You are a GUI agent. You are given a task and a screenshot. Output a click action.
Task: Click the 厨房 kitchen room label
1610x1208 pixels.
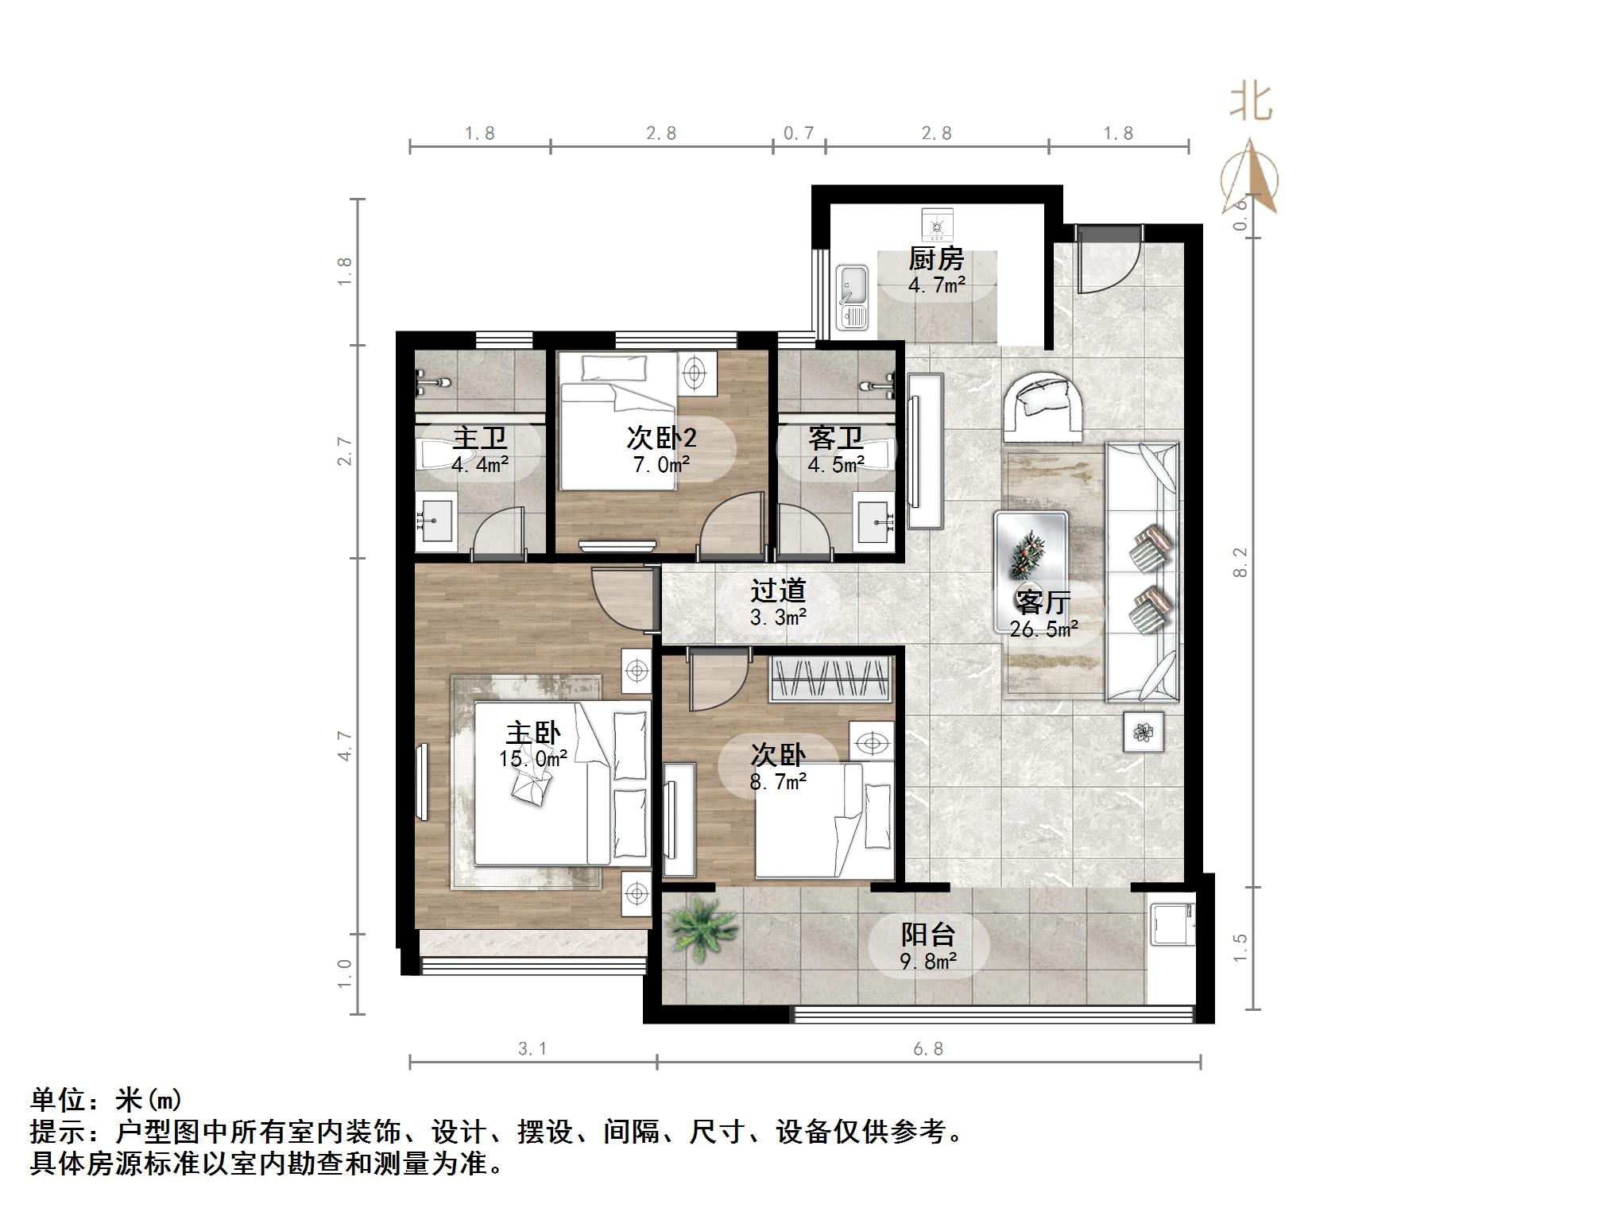pos(935,259)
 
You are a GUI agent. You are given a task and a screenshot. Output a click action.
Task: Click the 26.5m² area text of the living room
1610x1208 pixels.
pos(1043,629)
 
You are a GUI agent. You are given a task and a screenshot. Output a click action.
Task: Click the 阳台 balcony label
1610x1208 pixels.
pos(927,935)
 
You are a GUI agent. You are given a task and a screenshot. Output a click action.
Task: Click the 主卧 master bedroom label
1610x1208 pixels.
pos(533,733)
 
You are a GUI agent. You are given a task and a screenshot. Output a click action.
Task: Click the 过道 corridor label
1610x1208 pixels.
pos(778,590)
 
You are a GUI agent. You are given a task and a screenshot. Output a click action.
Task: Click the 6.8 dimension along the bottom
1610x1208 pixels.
pos(927,1049)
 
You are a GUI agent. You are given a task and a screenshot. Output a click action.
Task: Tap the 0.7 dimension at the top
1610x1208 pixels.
pos(799,134)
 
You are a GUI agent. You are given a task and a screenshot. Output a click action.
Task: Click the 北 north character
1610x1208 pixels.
pos(1251,103)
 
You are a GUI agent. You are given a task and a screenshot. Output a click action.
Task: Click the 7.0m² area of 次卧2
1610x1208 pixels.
pos(661,465)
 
